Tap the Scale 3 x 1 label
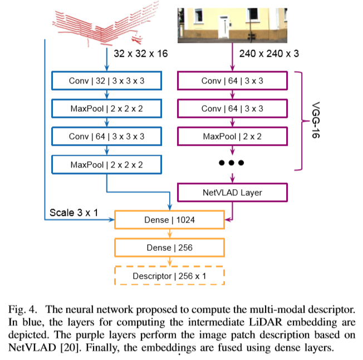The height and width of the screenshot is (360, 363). (72, 213)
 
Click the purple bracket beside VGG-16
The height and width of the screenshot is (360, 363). (300, 119)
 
